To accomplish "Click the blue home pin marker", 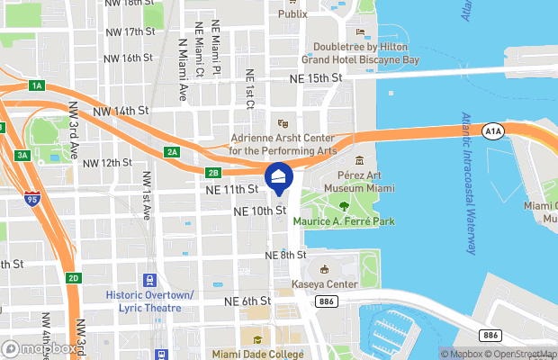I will tap(278, 177).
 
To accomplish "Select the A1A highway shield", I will tap(491, 131).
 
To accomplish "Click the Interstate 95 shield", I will tap(32, 197).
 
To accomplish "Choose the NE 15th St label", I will tap(317, 79).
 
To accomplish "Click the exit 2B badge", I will tap(212, 172).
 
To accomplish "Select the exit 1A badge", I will tap(36, 85).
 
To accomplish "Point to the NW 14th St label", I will tap(120, 111).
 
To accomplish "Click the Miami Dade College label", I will tap(259, 354).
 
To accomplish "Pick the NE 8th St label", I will tap(287, 256).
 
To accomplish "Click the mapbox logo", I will tap(40, 348).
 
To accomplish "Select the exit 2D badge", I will tap(74, 278).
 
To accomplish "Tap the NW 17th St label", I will tap(128, 32).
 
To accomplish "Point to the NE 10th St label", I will tap(259, 211).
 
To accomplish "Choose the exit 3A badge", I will tap(23, 155).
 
